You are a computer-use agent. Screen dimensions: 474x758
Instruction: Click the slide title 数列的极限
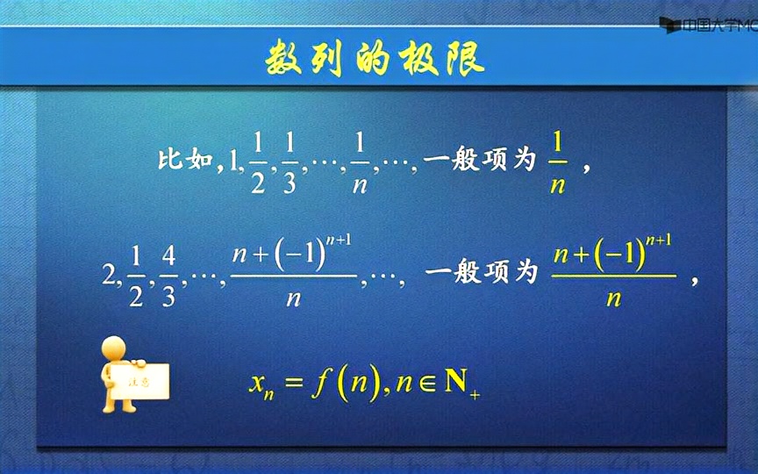[375, 59]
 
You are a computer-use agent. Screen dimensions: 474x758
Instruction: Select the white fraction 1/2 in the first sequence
[258, 161]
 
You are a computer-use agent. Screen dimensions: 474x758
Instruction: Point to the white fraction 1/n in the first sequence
[360, 161]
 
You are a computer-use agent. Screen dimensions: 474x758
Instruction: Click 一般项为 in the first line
[478, 161]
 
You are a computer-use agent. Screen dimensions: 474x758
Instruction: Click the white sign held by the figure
[139, 380]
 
